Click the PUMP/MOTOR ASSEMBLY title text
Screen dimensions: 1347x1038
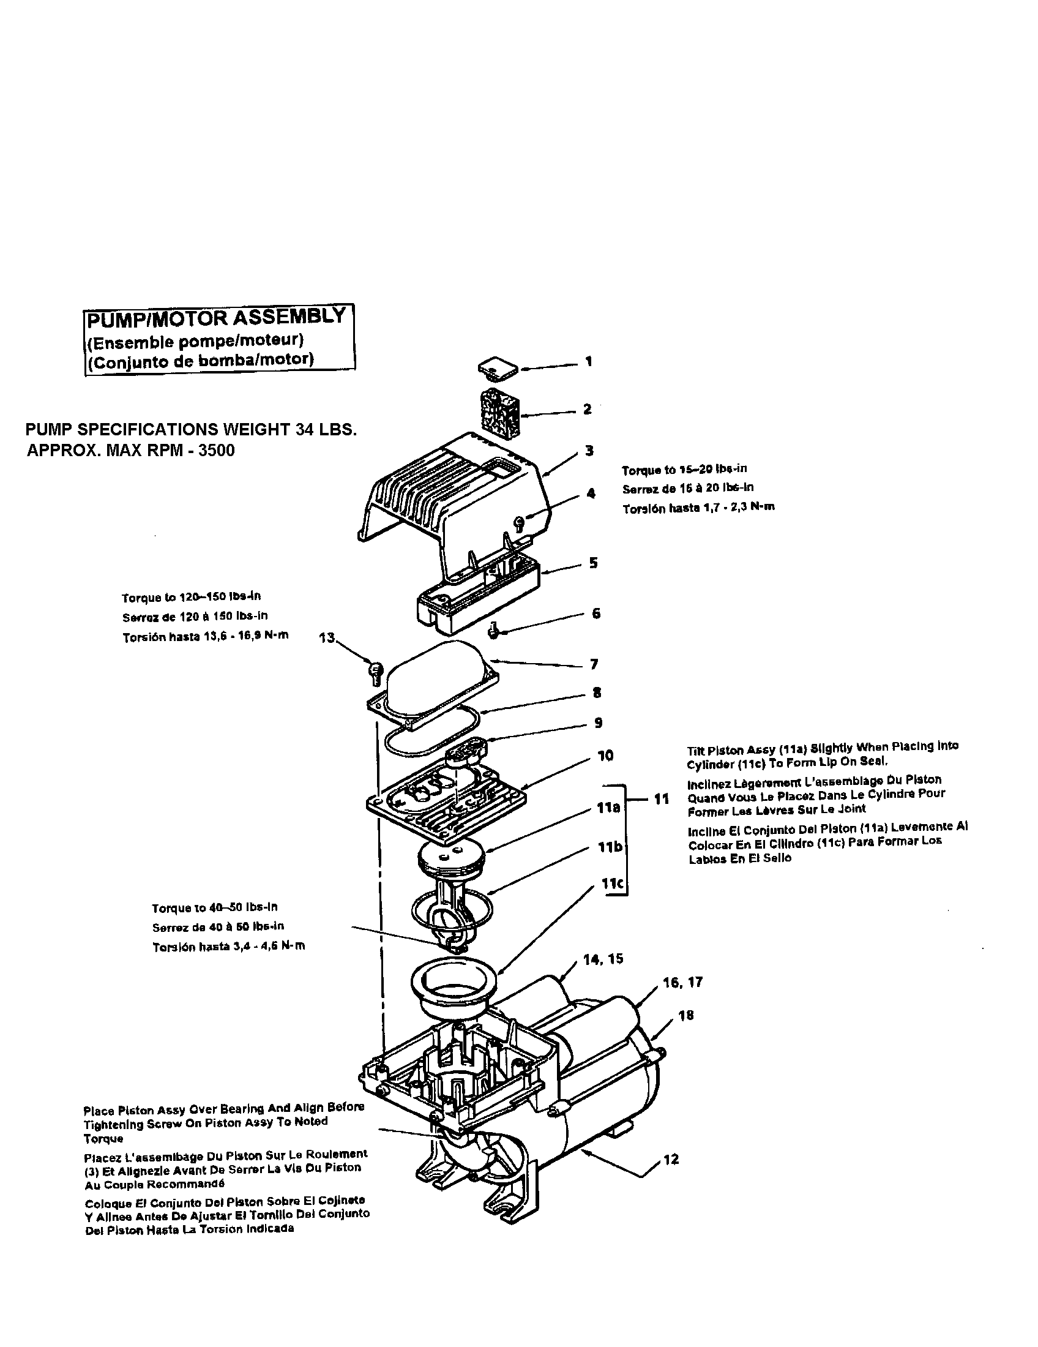[x=217, y=318]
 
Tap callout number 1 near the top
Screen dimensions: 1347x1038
[x=589, y=361]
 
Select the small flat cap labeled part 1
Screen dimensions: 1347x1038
[x=499, y=368]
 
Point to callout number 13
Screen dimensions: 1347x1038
[x=327, y=638]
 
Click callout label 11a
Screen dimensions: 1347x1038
[x=608, y=808]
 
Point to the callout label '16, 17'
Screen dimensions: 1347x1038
[x=683, y=983]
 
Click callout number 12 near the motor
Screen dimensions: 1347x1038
[x=671, y=1160]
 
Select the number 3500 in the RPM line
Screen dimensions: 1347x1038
[x=217, y=450]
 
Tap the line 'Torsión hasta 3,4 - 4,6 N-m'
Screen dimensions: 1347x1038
[x=229, y=946]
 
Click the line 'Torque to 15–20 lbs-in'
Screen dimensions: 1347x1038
[x=684, y=470]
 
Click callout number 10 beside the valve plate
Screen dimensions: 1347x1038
[x=605, y=756]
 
